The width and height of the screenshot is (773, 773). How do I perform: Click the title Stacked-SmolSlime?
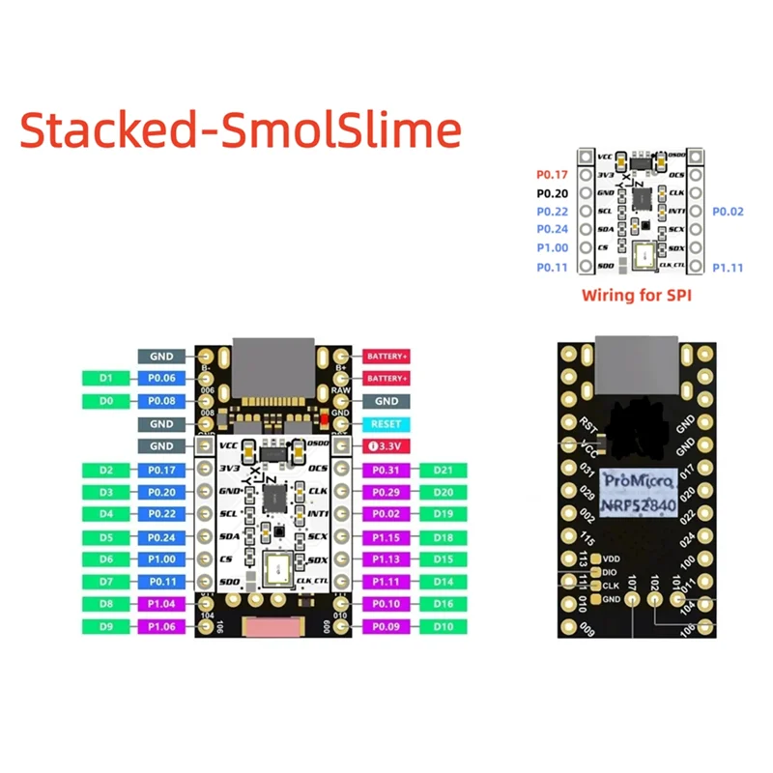pos(241,129)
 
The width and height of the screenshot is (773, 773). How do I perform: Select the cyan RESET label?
pos(386,423)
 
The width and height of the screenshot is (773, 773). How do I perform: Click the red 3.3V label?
pos(386,446)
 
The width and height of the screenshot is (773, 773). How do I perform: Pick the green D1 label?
pos(107,378)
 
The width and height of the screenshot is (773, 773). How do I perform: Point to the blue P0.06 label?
pos(160,378)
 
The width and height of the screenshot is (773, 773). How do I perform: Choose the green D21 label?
pos(444,470)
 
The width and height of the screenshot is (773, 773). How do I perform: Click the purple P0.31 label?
pos(386,470)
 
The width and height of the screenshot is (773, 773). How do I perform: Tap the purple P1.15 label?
pos(386,537)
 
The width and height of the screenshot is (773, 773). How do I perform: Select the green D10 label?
pos(444,626)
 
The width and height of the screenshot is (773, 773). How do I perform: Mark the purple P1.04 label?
pos(160,604)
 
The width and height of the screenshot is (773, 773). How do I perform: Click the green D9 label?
pos(107,626)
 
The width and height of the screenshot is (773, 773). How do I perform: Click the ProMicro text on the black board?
pos(634,479)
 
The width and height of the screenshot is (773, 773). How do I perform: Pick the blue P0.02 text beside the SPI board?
pos(729,211)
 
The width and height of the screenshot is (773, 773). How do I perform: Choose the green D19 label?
pos(444,514)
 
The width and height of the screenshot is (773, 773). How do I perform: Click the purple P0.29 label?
pos(386,492)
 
